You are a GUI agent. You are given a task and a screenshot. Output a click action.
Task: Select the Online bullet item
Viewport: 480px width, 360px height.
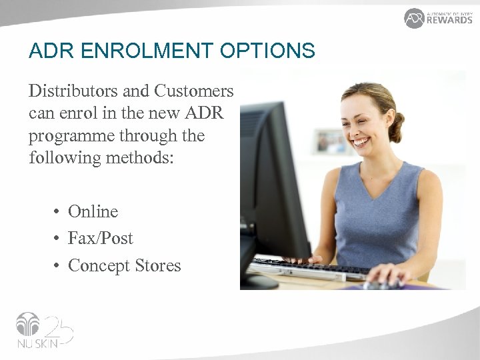[x=93, y=211]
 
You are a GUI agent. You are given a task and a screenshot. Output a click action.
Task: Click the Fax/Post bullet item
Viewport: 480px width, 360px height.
[x=100, y=238]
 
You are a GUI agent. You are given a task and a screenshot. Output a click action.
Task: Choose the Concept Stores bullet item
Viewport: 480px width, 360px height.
[x=124, y=265]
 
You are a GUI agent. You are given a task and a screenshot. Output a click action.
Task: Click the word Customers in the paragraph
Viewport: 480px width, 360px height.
[x=194, y=91]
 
